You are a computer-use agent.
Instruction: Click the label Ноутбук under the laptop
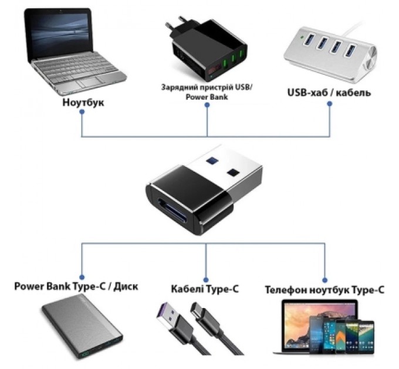(x=82, y=102)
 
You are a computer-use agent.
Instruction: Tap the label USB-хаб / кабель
(x=329, y=93)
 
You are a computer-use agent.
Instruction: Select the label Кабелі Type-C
(x=205, y=289)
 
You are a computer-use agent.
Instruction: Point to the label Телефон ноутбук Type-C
(x=324, y=289)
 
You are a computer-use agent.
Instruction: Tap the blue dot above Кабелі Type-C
(x=205, y=278)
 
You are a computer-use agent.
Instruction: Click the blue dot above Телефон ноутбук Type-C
(x=324, y=278)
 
